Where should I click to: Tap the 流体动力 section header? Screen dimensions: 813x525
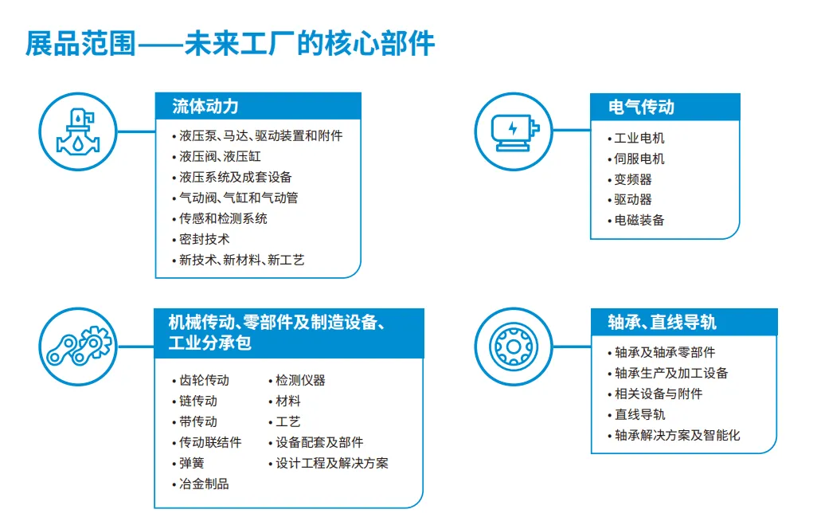(205, 106)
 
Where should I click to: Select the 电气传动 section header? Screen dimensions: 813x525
(641, 107)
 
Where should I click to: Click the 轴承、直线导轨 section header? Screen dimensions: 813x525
(661, 322)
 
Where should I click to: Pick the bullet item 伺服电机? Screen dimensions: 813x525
(639, 159)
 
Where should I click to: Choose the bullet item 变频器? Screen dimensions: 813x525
(632, 179)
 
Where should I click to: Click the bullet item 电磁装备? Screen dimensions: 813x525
(639, 220)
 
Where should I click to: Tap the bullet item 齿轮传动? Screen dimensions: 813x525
(204, 380)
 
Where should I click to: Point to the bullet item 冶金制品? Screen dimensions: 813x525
(204, 484)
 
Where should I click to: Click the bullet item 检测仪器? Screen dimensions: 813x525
(300, 380)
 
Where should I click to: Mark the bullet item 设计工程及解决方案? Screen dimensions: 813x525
(331, 463)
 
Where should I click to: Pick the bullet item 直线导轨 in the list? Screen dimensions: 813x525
(639, 414)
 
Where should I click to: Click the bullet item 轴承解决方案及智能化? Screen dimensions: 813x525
(677, 435)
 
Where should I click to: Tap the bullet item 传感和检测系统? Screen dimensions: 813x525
(223, 218)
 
